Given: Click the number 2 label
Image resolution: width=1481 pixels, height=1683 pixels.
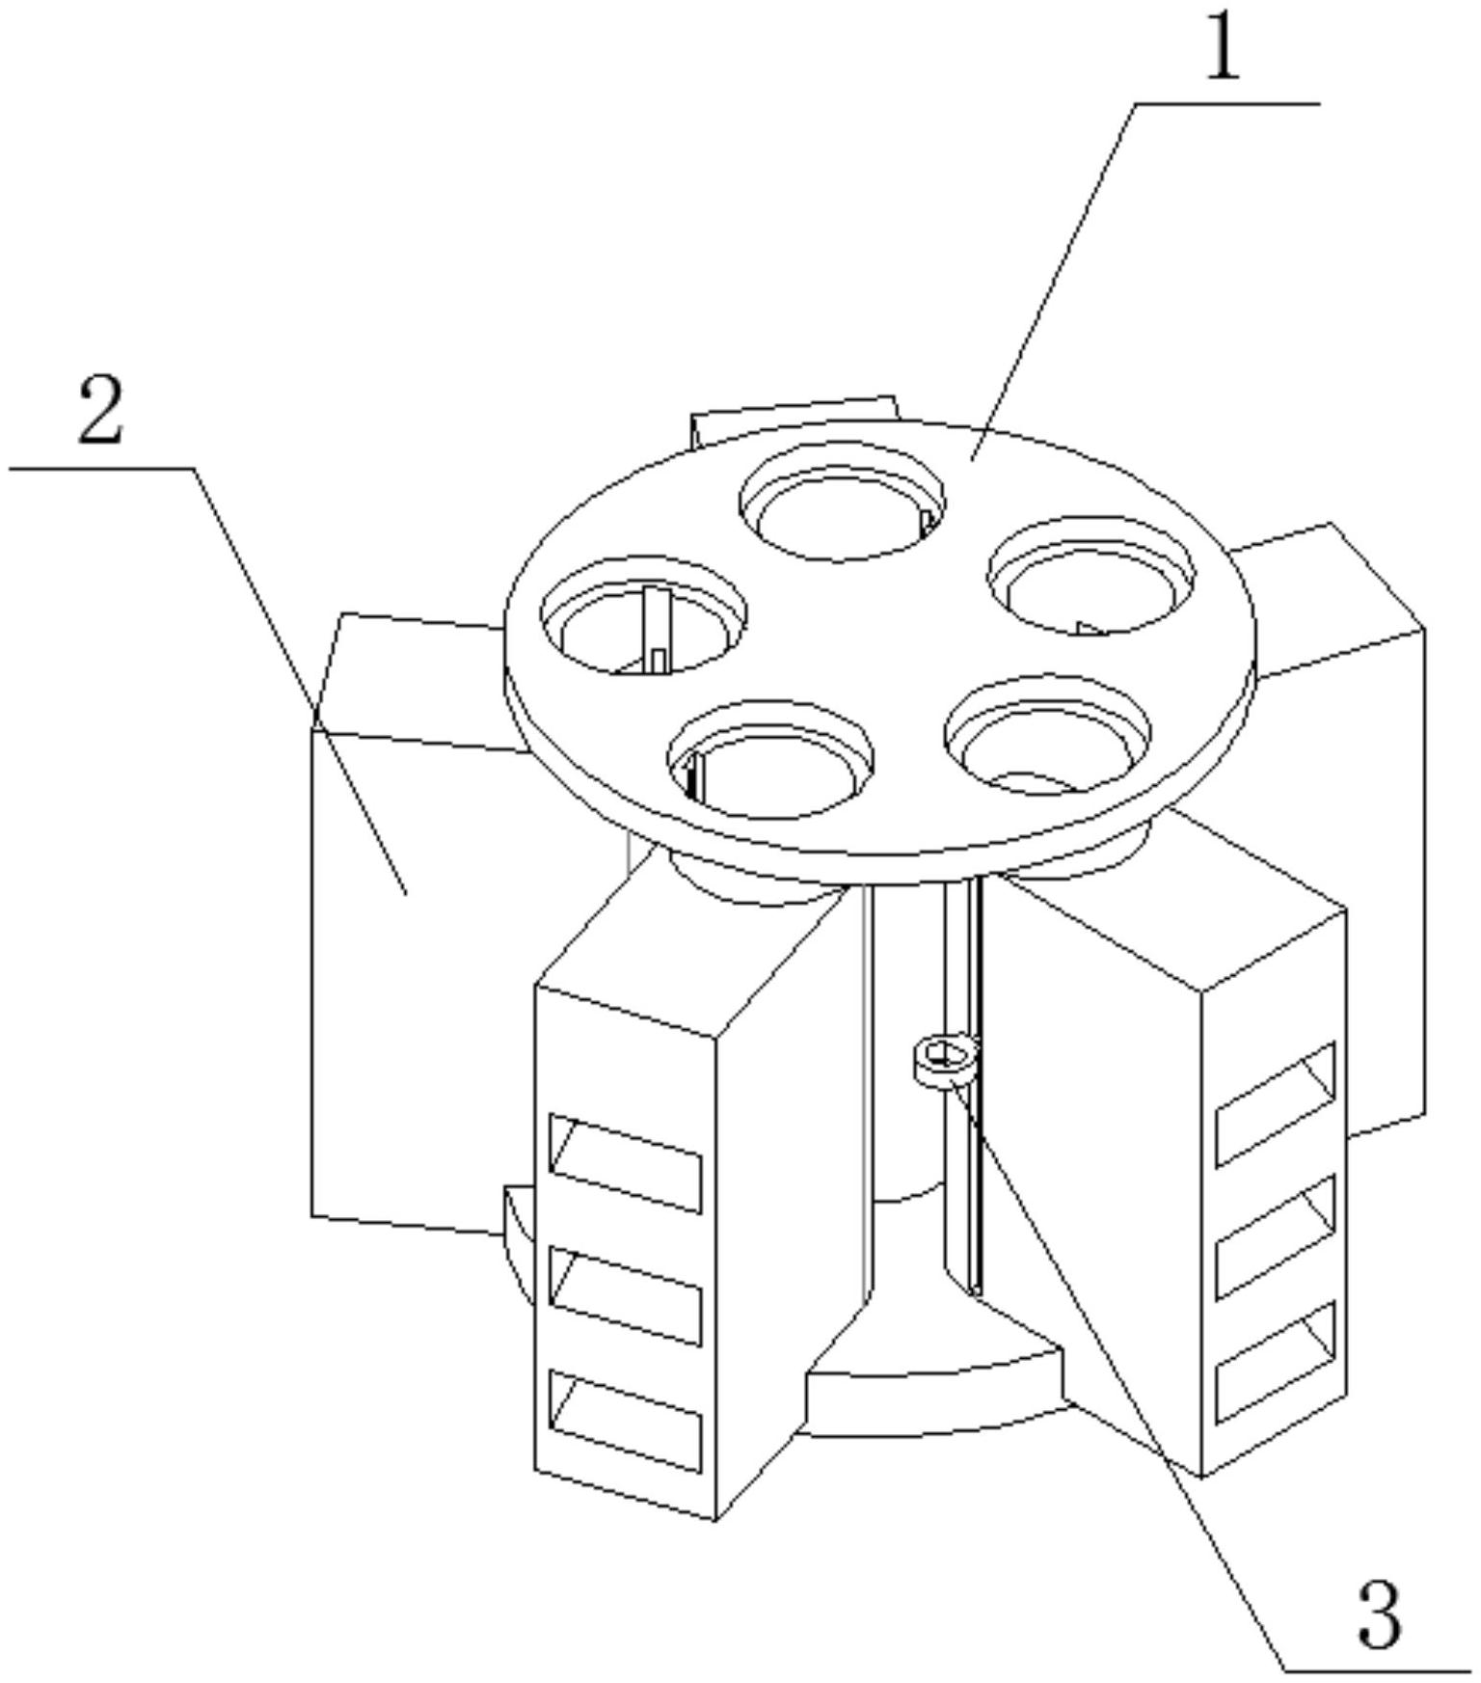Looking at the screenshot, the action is [x=102, y=412].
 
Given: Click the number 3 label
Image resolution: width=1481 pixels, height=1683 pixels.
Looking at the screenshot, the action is [x=1379, y=1611].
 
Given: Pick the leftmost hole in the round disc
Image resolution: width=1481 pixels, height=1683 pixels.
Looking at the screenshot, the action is [x=644, y=615].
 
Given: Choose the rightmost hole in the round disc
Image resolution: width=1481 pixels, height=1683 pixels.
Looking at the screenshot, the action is [x=1091, y=576].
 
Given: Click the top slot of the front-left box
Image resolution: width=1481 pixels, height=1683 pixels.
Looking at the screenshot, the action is [x=625, y=1163].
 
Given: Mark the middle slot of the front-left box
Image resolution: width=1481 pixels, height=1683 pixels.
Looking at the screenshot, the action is [x=625, y=1295].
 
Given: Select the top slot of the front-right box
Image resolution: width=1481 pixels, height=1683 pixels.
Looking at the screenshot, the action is [x=1276, y=1103].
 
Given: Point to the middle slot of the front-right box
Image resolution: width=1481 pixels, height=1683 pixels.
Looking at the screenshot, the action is [x=1276, y=1236].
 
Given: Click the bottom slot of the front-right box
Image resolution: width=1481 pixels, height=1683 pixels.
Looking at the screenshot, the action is [x=1276, y=1362].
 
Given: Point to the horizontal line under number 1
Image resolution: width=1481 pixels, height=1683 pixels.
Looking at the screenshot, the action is [x=1225, y=102].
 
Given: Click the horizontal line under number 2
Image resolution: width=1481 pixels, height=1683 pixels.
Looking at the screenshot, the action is [x=101, y=469].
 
